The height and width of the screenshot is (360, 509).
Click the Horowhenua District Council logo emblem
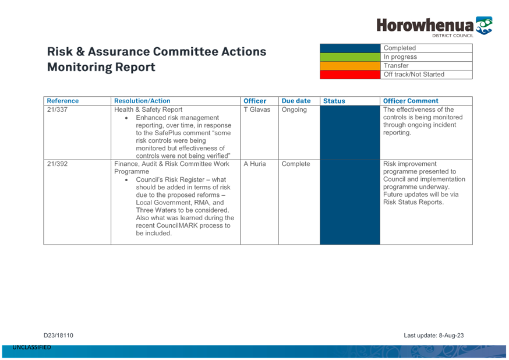pos(484,25)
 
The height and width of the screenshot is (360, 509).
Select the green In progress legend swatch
pos(350,57)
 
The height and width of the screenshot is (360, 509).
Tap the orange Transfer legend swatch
pos(350,66)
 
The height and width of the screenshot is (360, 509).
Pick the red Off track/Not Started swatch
pos(350,75)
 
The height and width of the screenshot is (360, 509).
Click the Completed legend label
pos(400,48)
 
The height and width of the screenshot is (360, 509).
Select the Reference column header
pos(63,101)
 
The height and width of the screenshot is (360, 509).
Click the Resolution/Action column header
pos(142,101)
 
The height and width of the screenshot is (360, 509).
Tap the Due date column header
pos(296,101)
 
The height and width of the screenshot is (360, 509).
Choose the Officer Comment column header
pos(411,101)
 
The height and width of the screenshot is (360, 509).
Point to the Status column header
pos(334,101)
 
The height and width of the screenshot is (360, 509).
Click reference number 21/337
pos(57,110)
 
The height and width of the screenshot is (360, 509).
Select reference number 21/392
pos(57,164)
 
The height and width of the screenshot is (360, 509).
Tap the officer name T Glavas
pos(257,110)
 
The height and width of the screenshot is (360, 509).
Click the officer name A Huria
pos(254,164)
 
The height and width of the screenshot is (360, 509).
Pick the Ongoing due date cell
pos(294,110)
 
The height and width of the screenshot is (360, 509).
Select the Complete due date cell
pos(296,164)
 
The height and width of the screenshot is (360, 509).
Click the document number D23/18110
pos(58,336)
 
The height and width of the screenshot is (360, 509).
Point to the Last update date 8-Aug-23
pos(451,336)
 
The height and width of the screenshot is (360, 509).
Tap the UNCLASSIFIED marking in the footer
pos(32,347)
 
